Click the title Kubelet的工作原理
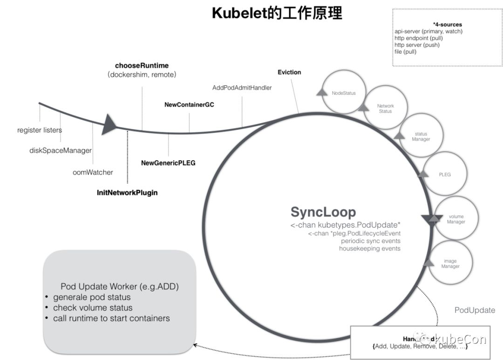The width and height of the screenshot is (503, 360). pyautogui.click(x=277, y=13)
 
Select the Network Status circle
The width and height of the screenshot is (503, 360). pyautogui.click(x=385, y=109)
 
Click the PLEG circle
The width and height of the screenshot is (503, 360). pyautogui.click(x=444, y=175)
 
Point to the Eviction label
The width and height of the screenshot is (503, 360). pyautogui.click(x=289, y=72)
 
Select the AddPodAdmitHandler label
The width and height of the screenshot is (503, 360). pyautogui.click(x=242, y=88)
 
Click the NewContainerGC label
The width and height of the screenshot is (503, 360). pyautogui.click(x=189, y=105)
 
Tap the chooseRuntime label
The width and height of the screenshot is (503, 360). pyautogui.click(x=142, y=65)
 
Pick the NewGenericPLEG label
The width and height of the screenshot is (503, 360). pyautogui.click(x=168, y=163)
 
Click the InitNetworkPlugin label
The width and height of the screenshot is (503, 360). pyautogui.click(x=127, y=192)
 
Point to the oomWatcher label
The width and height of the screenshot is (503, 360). pyautogui.click(x=93, y=172)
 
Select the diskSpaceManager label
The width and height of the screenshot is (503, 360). pyautogui.click(x=60, y=150)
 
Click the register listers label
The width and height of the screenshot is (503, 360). pyautogui.click(x=40, y=130)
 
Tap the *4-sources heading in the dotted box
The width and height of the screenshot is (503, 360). pyautogui.click(x=447, y=24)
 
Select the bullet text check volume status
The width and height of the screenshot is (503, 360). pyautogui.click(x=93, y=308)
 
